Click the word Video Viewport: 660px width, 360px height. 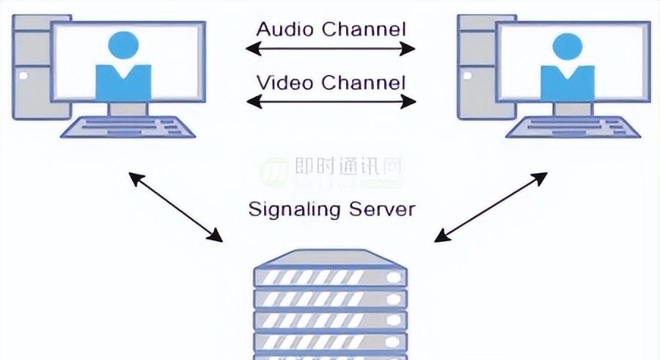[x=282, y=81]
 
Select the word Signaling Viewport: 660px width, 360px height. [x=296, y=209]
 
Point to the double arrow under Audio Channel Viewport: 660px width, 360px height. [x=331, y=50]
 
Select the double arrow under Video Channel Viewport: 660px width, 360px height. [x=331, y=101]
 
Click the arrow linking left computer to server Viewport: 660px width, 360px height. [x=175, y=206]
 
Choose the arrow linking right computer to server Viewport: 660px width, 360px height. [x=491, y=206]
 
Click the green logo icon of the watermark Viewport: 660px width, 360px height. [x=274, y=172]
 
